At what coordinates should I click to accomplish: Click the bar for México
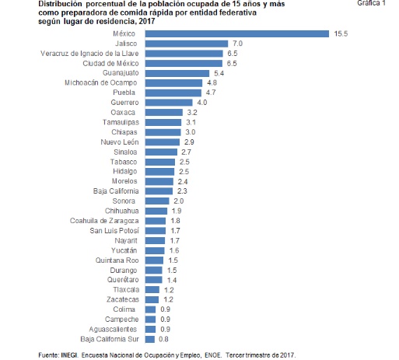pos(237,33)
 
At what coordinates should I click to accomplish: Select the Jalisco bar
pos(187,44)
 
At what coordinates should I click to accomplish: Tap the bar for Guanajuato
pos(177,73)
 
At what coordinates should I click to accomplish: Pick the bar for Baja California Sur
pos(150,339)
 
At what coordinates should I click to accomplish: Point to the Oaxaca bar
pos(164,113)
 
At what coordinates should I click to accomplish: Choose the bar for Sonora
pos(157,201)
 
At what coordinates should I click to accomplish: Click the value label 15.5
pos(341,33)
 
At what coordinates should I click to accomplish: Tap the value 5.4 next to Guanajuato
pos(219,74)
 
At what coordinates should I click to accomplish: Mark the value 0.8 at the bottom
pos(163,339)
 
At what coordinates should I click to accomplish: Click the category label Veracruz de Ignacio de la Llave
pos(89,54)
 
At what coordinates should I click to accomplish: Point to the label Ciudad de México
pos(110,64)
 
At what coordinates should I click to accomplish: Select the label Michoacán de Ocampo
pos(101,83)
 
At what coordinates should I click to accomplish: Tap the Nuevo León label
pos(120,142)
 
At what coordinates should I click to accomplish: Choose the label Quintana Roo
pos(117,260)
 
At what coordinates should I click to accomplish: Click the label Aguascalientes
pos(113,330)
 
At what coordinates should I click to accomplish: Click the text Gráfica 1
pos(371,3)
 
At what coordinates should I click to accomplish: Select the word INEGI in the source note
pos(69,355)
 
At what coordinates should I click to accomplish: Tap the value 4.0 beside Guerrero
pos(202,103)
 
